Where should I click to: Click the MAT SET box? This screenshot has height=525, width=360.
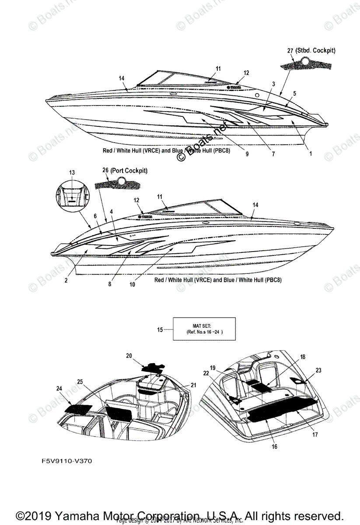click(204, 329)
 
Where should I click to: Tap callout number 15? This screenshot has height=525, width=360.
click(161, 329)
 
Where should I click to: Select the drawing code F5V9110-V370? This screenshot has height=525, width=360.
click(64, 461)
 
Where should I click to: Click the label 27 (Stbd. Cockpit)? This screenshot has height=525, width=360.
click(311, 51)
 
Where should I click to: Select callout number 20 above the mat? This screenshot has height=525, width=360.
click(129, 356)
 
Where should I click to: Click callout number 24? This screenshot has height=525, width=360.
click(59, 388)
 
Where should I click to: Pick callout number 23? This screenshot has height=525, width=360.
click(318, 370)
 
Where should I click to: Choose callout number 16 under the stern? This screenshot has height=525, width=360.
click(275, 447)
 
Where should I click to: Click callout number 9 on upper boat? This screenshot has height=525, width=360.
click(247, 154)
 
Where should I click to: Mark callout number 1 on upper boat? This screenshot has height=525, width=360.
click(311, 154)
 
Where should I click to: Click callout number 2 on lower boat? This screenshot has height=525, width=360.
click(66, 280)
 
